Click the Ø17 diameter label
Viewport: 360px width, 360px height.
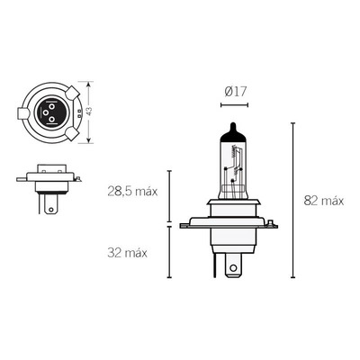coord(235,92)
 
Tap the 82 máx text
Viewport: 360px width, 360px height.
coord(324,201)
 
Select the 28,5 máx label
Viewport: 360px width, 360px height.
coord(132,191)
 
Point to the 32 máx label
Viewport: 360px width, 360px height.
coord(127,253)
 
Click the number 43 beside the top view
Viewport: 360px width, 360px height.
coord(89,112)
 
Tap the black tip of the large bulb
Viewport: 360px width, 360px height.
coord(233,132)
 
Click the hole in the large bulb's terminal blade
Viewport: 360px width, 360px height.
coord(233,267)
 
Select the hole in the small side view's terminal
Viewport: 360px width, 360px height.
coord(51,209)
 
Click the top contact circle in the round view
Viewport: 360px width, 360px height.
coord(51,106)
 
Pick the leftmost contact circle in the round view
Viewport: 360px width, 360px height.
coord(46,112)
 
